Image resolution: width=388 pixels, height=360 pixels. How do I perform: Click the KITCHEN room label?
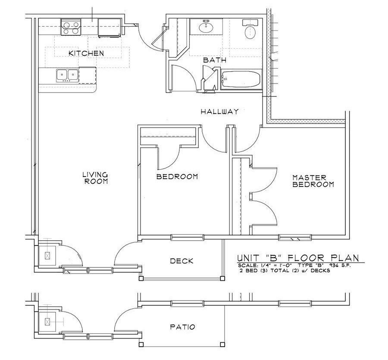pyautogui.click(x=86, y=53)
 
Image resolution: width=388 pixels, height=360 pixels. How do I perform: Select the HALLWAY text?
pyautogui.click(x=219, y=112)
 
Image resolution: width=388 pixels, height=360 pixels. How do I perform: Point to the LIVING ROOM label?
pyautogui.click(x=95, y=178)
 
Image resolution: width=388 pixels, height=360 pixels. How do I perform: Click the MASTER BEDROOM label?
pyautogui.click(x=313, y=181)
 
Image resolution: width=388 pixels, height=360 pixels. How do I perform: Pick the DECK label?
pyautogui.click(x=181, y=261)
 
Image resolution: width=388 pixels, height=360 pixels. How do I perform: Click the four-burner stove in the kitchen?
pyautogui.click(x=71, y=27)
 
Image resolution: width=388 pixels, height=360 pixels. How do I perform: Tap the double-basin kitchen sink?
pyautogui.click(x=67, y=75)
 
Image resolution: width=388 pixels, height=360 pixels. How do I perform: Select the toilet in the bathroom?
pyautogui.click(x=250, y=30)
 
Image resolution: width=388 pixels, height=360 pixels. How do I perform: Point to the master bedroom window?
pyautogui.click(x=295, y=237)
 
